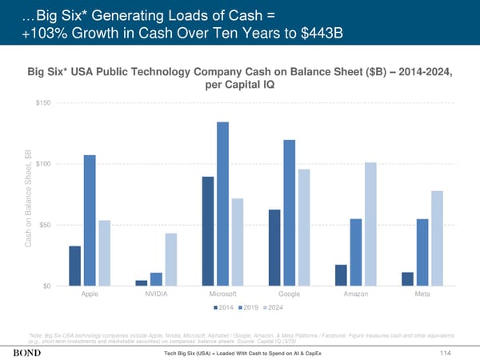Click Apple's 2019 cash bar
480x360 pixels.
90,220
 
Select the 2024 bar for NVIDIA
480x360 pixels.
171,258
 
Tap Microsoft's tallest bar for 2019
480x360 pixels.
222,203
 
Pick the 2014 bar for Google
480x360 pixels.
274,247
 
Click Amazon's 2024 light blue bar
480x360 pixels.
370,224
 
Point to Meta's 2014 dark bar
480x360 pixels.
407,278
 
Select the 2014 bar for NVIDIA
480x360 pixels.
142,282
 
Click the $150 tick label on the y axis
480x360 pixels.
45,103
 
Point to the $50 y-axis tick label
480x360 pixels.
46,225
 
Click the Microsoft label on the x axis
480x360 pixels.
222,295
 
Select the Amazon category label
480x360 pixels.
355,295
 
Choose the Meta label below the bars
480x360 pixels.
422,295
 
